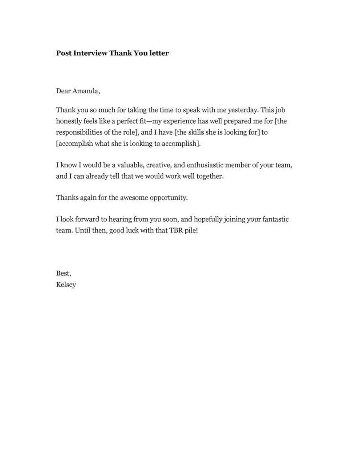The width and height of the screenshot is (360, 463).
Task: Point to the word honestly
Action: tap(68, 121)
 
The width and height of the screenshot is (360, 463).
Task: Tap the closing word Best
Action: tap(64, 273)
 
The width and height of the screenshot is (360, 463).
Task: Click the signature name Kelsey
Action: tap(66, 285)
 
